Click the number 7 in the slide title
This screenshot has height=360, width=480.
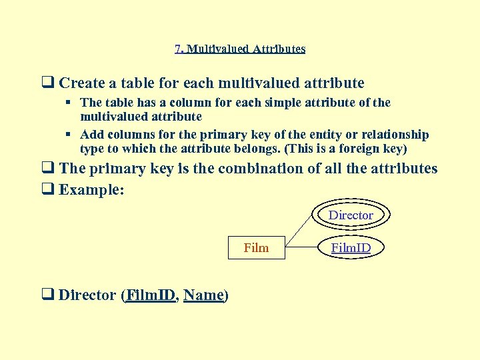177,49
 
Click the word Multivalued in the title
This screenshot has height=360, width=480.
213,49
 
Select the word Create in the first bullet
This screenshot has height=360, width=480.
83,83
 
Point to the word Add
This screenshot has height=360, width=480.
91,135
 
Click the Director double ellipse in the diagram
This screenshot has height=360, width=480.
351,215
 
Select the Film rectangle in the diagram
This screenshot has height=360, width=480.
257,248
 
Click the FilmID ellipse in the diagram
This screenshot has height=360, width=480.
351,248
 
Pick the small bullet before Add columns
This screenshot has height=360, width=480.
69,135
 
